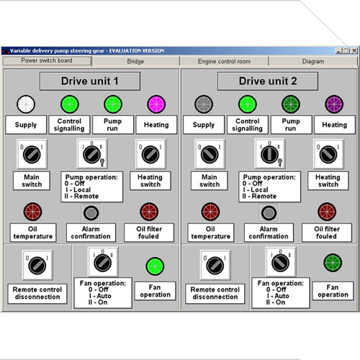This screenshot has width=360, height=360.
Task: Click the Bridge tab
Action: [x=135, y=61]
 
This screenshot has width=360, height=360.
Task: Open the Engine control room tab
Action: [x=224, y=61]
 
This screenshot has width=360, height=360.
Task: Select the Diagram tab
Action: [x=313, y=61]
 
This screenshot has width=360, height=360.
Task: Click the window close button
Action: [x=354, y=50]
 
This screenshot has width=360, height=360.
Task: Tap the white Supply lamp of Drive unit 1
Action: [x=26, y=104]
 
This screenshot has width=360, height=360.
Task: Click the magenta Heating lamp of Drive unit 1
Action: [x=156, y=104]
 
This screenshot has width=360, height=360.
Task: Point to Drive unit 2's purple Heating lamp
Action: [x=334, y=104]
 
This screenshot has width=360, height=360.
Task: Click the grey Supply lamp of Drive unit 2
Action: [x=204, y=104]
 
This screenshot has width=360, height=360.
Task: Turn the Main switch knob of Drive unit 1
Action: [x=32, y=154]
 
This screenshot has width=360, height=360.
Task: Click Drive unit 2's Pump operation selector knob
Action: [x=269, y=154]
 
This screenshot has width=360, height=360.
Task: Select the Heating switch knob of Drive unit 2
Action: [x=328, y=154]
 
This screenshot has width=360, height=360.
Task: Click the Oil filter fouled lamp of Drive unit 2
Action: [x=327, y=212]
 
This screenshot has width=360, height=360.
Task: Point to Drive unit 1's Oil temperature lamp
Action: [x=32, y=212]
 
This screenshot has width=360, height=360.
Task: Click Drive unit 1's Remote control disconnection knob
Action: [x=37, y=266]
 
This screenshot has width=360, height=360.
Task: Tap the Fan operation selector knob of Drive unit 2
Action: [x=280, y=263]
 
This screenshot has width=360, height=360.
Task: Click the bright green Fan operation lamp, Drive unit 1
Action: [x=155, y=266]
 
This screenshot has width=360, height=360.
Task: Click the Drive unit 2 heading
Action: [x=268, y=81]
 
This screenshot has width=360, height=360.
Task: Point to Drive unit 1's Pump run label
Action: [x=113, y=125]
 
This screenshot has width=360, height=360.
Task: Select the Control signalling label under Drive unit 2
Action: [x=248, y=125]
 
